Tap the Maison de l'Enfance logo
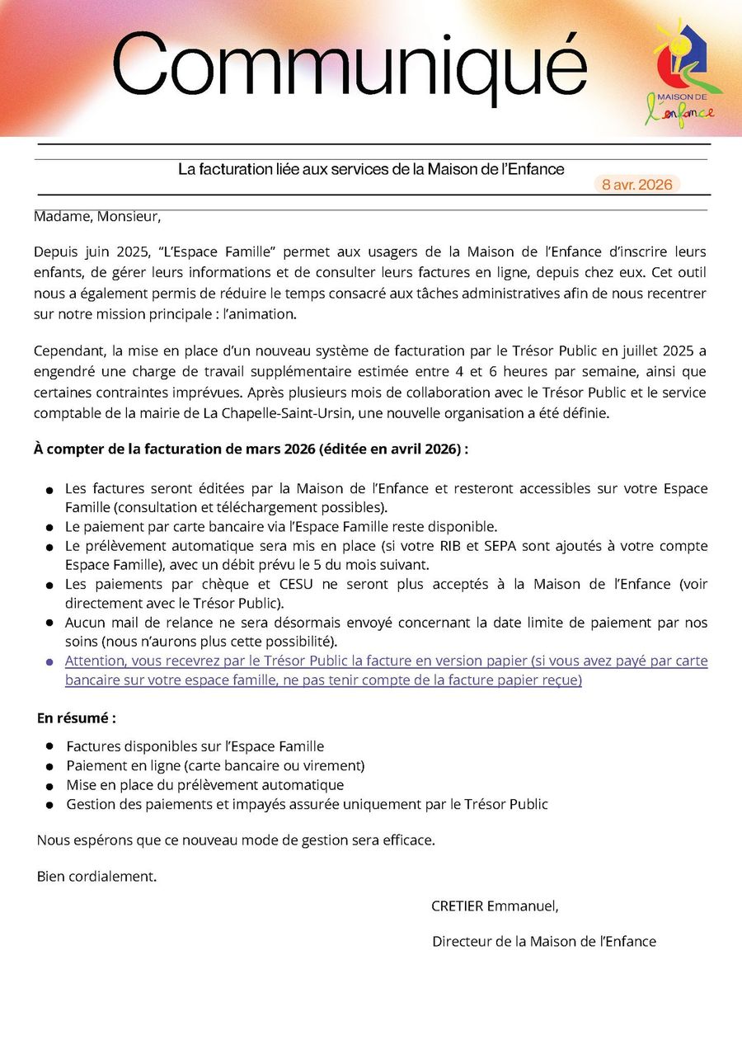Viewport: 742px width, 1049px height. [684, 74]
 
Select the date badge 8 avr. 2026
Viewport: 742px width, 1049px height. [636, 185]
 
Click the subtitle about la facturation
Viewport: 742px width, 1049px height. [371, 169]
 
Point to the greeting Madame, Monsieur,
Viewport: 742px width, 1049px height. [97, 217]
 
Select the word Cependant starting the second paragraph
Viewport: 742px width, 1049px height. [68, 350]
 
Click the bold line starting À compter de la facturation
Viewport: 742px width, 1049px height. [251, 449]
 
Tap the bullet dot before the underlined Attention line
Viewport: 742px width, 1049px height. [49, 662]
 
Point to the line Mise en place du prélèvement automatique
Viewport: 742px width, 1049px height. [204, 785]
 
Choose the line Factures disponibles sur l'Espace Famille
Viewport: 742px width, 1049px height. [195, 746]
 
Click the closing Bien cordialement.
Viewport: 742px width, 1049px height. [96, 876]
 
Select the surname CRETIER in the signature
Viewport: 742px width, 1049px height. [457, 906]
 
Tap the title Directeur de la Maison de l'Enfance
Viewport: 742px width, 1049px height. [544, 941]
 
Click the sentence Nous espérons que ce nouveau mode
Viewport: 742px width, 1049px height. [235, 840]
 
